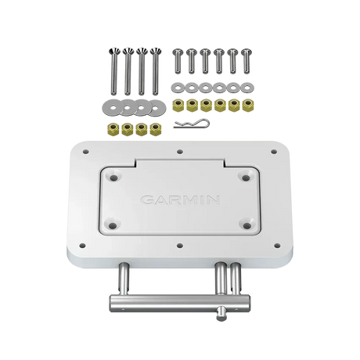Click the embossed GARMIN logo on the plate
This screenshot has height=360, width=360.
click(180, 200)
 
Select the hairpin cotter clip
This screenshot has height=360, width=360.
click(191, 123)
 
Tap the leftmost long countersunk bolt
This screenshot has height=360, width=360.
click(113, 71)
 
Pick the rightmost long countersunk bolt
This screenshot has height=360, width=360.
click(156, 71)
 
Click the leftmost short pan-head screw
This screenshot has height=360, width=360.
click(178, 61)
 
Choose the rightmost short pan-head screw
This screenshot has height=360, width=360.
click(246, 61)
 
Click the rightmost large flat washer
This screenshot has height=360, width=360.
click(155, 107)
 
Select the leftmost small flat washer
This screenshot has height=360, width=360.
click(178, 88)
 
